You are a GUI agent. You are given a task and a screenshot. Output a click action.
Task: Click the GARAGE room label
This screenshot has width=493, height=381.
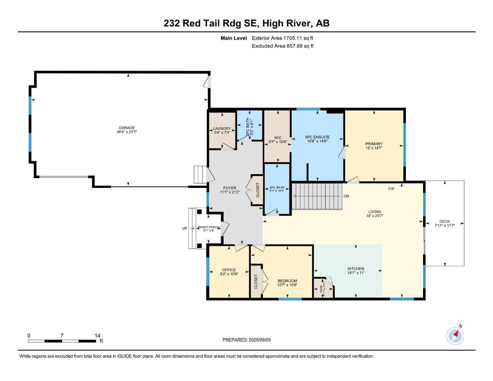click(127, 128)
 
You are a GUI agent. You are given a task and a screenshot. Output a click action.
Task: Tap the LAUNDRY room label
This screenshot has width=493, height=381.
click(222, 129)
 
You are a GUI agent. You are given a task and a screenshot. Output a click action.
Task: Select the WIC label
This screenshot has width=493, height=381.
click(278, 138)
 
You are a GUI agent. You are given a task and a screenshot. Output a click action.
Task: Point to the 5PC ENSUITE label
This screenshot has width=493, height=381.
click(317, 137)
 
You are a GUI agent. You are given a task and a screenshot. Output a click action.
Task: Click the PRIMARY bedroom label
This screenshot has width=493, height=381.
click(374, 144)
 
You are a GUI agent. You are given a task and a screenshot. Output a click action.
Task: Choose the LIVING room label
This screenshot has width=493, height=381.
click(375, 212)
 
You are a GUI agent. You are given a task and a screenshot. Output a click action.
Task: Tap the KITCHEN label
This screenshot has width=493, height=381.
click(356, 269)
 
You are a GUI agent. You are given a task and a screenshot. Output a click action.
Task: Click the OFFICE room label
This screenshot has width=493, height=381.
click(229, 270)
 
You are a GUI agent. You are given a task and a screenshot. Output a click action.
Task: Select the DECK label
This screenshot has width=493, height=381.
click(445, 221)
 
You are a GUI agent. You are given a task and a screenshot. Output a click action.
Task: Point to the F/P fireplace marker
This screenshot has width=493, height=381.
click(391, 189)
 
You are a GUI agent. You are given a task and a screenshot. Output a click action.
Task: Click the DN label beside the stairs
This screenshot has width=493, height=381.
click(346, 196)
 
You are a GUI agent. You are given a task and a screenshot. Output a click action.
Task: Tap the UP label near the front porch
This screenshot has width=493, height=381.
click(185, 228)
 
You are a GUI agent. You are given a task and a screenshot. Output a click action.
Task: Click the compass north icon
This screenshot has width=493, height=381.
click(455, 336)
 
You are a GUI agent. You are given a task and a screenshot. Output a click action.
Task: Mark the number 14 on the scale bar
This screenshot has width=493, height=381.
click(97, 336)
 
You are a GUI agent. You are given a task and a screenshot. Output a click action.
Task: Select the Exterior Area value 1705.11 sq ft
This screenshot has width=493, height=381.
click(282, 38)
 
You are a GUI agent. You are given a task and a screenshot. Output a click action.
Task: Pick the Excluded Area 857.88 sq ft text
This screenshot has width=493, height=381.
click(282, 46)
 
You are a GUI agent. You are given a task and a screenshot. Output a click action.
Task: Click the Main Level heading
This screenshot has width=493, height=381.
click(234, 38)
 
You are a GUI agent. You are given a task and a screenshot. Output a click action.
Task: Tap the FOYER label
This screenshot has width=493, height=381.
click(230, 188)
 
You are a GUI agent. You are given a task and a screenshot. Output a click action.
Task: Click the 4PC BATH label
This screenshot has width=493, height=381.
click(277, 188)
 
